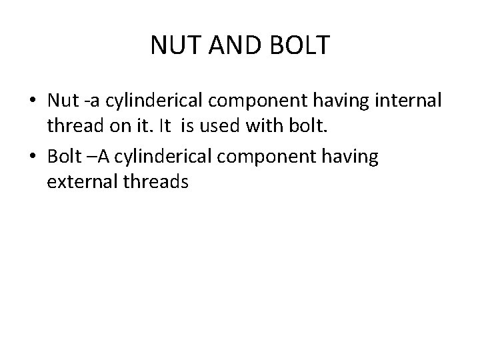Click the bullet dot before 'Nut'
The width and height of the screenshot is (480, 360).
click(32, 101)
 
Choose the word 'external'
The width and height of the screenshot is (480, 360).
click(82, 182)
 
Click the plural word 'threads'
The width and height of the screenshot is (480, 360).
click(157, 182)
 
